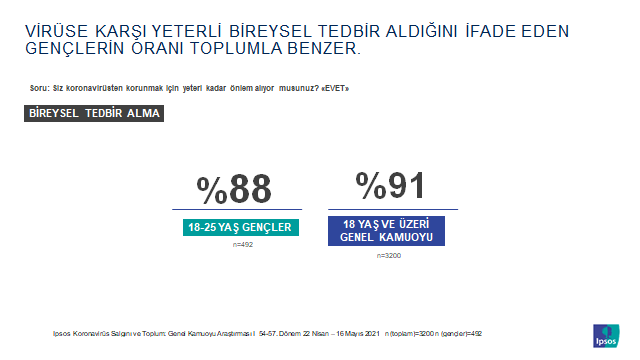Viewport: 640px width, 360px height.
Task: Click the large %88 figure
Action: (235, 190)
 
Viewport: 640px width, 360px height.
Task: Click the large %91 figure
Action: (391, 186)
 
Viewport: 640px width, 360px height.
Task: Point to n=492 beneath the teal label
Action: (242, 244)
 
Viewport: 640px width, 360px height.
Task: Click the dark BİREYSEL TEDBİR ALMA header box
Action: (94, 113)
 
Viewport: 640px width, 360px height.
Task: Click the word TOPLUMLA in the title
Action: (233, 49)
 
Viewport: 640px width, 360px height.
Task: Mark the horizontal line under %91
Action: (392, 209)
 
